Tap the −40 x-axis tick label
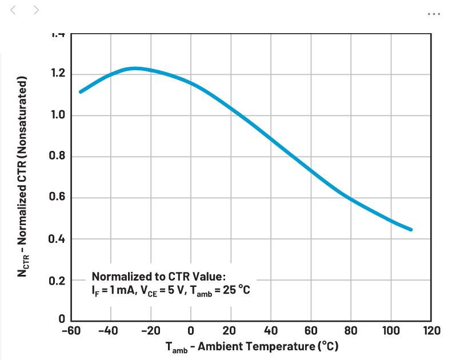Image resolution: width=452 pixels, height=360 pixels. tap(108, 330)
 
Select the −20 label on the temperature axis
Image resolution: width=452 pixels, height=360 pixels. tap(151, 330)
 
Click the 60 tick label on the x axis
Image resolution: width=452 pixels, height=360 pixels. tap(311, 330)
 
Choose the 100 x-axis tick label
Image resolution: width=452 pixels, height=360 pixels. tap(391, 330)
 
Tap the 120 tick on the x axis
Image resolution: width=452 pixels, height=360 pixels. tap(431, 330)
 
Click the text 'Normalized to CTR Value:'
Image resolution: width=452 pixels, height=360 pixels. tap(159, 276)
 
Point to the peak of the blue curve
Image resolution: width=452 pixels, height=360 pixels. tap(135, 69)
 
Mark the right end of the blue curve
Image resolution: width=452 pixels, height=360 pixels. tap(410, 230)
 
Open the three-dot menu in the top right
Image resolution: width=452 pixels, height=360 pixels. tap(434, 14)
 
